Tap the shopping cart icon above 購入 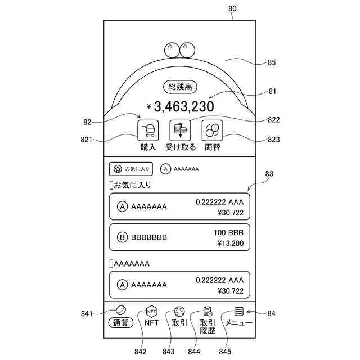[148, 130]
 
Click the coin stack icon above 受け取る [180, 130]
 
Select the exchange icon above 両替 [212, 130]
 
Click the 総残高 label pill [181, 87]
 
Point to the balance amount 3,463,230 [183, 106]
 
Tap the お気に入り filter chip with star [131, 168]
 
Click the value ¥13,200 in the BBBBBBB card [229, 244]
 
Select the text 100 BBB [228, 232]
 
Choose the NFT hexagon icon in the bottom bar [151, 311]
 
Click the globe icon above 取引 [179, 311]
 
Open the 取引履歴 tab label [208, 326]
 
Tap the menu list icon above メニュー [239, 311]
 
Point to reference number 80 [233, 9]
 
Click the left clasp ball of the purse [172, 50]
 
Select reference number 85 [272, 62]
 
